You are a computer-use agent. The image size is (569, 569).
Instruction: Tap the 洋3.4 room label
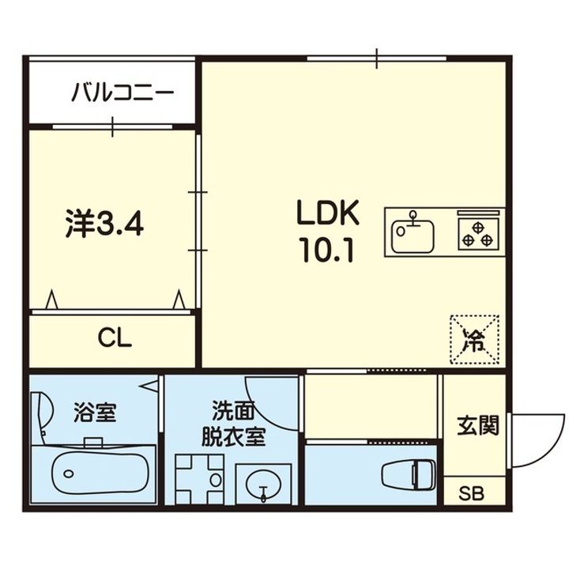click(103, 225)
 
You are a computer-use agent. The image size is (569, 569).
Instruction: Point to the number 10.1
click(326, 251)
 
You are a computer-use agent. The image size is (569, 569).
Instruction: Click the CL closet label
click(115, 338)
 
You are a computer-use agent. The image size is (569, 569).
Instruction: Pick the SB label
click(473, 495)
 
